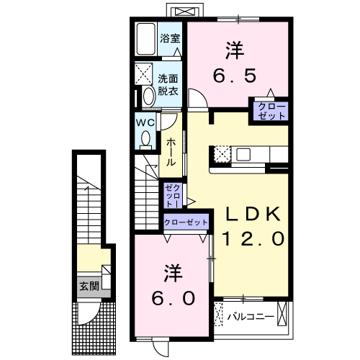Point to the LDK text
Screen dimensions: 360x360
pos(253,215)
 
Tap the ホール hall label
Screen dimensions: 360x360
pos(171,153)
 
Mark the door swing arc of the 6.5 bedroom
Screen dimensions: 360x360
pos(197,98)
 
